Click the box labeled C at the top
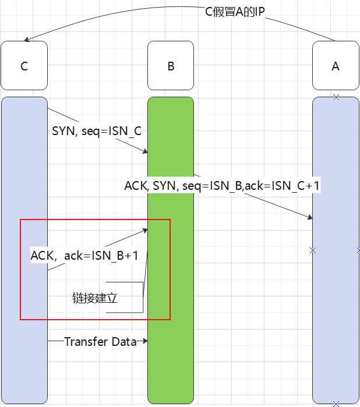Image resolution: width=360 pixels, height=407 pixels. (24, 66)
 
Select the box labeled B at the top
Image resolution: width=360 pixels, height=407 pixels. (170, 66)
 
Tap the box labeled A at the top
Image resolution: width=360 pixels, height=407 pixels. (335, 66)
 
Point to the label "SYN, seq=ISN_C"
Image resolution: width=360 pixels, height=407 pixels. (97, 131)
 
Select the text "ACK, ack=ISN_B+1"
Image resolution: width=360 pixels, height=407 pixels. (84, 255)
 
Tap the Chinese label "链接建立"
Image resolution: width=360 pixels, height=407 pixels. (95, 298)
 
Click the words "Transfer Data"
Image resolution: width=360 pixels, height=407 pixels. (100, 342)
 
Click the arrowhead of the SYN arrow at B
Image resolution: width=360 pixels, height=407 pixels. (145, 153)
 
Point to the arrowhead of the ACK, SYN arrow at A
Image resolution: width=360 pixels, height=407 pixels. (310, 218)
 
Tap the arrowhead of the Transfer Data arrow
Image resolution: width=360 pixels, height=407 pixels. (145, 341)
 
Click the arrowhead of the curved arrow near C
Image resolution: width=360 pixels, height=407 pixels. (27, 40)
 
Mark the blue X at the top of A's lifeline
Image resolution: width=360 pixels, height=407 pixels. (336, 97)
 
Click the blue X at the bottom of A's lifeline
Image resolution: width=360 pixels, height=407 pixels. (336, 403)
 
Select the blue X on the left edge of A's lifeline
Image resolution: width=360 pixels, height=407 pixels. (313, 250)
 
